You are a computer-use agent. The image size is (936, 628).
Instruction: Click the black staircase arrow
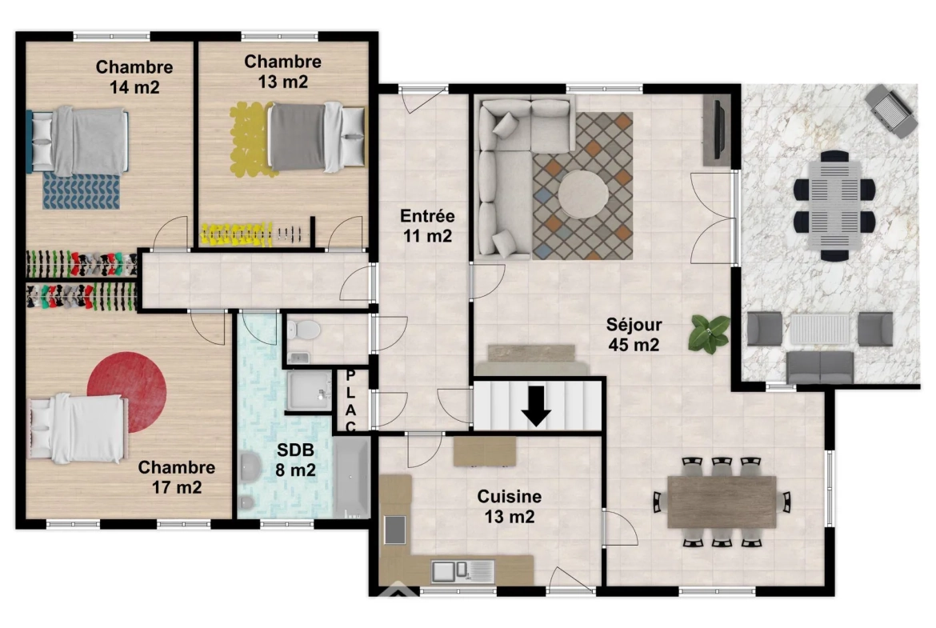point(536,406)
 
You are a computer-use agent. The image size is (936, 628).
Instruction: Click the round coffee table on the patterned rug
point(583,194)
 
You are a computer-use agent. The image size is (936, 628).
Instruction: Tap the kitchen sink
point(462,571)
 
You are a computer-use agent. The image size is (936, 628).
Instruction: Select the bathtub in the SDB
point(351,478)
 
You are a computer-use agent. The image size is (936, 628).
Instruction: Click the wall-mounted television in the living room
point(718,130)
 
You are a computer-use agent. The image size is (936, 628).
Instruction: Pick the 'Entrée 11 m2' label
point(427,226)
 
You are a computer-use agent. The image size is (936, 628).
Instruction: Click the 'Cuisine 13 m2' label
point(509,506)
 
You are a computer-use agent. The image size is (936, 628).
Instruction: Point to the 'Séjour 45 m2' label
point(634,334)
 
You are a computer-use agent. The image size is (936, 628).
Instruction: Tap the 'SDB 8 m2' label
point(295,460)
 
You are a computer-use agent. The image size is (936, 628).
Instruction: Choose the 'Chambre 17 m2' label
point(177,477)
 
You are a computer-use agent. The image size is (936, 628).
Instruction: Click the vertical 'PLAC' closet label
point(350,401)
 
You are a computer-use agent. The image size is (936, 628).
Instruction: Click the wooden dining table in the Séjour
point(722,502)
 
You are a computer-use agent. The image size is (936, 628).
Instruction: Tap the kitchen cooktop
point(394,530)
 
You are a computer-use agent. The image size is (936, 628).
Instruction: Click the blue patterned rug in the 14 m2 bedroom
point(81,191)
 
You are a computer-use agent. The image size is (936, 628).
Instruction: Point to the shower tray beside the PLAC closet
point(310,390)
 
